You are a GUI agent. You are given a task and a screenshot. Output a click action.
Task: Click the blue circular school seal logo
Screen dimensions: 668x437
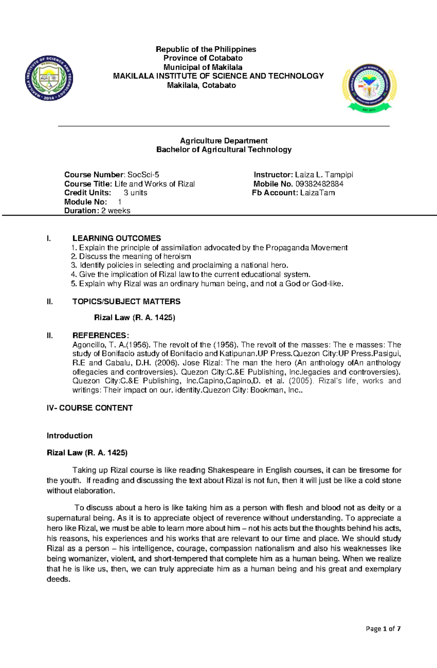pos(49,79)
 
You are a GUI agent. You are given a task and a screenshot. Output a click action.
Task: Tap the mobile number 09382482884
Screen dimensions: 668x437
pos(319,184)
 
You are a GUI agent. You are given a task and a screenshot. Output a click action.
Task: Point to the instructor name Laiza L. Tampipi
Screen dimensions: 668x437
pos(324,175)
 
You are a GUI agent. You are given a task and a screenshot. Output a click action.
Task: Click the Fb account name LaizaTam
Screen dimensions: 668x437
pos(318,193)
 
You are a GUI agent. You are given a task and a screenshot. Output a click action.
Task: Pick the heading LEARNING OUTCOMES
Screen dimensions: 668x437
pos(117,238)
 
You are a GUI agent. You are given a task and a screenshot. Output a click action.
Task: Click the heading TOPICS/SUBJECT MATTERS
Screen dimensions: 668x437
pos(126,301)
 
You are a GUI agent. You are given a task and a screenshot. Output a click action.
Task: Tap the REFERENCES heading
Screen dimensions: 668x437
pos(101,335)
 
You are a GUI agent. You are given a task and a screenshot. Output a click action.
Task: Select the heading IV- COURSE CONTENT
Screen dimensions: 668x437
pos(90,408)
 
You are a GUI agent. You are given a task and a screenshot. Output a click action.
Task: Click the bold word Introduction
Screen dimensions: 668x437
pos(70,436)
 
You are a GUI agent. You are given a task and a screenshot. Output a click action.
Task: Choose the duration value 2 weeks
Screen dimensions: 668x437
pos(115,210)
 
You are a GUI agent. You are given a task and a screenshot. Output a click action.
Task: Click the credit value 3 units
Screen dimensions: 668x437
pos(135,193)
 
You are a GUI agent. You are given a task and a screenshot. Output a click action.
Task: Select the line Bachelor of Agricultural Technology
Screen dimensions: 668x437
pos(224,150)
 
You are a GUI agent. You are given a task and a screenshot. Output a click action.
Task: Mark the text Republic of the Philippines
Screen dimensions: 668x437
pos(206,49)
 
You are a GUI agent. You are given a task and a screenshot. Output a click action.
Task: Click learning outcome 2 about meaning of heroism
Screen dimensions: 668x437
pos(131,256)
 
